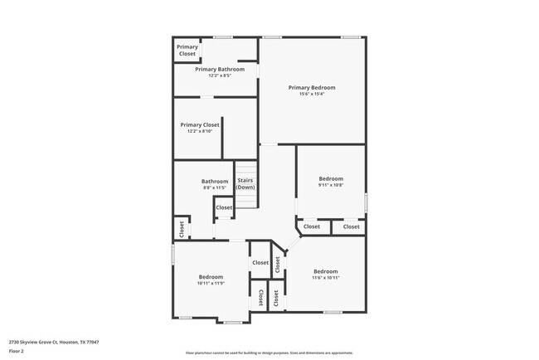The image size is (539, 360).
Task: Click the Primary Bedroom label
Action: (312, 87)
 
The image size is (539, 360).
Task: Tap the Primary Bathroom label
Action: (220, 69)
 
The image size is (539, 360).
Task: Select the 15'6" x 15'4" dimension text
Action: (312, 94)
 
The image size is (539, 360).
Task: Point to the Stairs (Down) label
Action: (245, 183)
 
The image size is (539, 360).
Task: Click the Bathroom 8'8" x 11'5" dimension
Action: (215, 188)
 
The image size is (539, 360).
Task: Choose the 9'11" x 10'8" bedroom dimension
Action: (331, 185)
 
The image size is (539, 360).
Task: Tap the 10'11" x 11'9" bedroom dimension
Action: (211, 284)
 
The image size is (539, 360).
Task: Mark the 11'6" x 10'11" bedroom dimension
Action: (325, 278)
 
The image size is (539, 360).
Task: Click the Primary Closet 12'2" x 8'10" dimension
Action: (200, 131)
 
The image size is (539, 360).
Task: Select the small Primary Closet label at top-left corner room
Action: (187, 51)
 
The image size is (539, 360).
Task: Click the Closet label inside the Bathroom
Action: (225, 207)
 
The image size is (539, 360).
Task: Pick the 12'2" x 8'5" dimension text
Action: (220, 75)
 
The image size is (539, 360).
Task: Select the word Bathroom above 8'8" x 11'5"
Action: (215, 182)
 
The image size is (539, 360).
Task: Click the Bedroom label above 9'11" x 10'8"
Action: (331, 178)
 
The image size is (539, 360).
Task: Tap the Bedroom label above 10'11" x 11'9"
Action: (211, 277)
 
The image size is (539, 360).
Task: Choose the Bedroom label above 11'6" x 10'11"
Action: (325, 271)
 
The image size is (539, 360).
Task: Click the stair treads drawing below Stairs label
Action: (246, 200)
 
